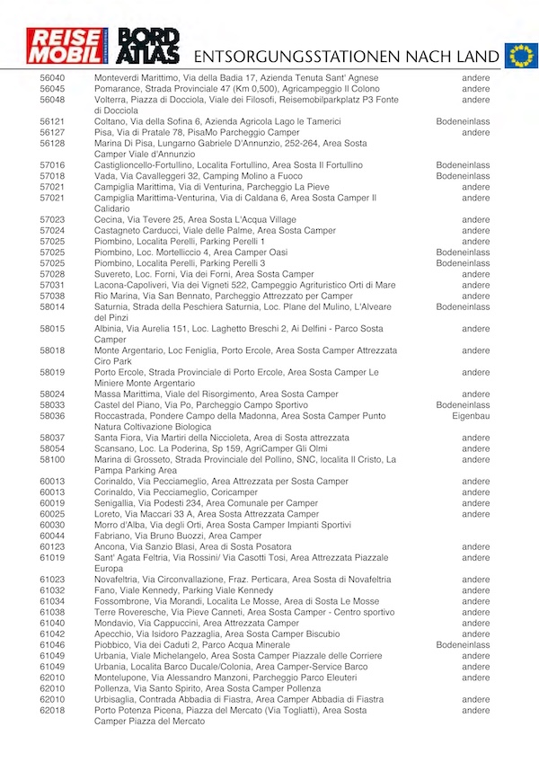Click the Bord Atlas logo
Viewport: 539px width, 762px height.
point(149,48)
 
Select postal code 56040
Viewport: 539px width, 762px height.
point(52,78)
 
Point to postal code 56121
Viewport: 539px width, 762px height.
point(52,121)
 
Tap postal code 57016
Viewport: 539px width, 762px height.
point(52,165)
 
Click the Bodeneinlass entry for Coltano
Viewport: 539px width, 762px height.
point(463,121)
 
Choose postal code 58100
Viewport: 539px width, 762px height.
point(52,459)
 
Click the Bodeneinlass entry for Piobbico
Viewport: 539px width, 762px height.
point(463,645)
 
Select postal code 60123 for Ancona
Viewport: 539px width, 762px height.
point(52,546)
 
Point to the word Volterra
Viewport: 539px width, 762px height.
point(113,100)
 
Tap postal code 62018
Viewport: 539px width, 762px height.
point(52,710)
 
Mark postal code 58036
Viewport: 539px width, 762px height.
point(52,416)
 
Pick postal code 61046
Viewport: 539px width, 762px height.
point(52,645)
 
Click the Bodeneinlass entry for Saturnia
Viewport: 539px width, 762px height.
point(463,306)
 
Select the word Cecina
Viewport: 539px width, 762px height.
point(109,219)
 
